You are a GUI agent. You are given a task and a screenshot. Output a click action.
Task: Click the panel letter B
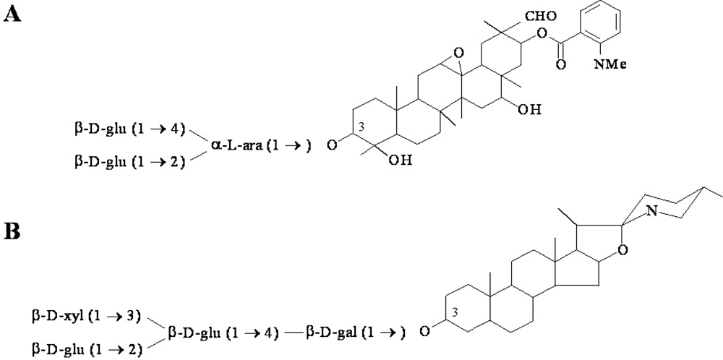click(12, 233)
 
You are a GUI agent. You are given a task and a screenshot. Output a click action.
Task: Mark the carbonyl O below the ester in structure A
click(562, 65)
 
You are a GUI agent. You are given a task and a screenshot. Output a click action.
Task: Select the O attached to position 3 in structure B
click(425, 332)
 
